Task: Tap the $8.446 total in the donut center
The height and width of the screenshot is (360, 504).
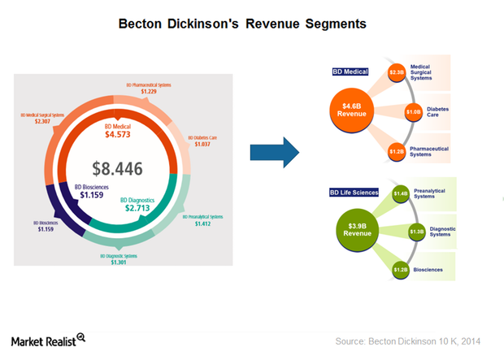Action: click(x=117, y=168)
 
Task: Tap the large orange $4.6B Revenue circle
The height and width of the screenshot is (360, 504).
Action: click(x=351, y=110)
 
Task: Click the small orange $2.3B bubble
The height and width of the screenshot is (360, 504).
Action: click(x=397, y=72)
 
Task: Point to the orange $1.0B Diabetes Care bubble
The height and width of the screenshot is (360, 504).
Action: click(x=413, y=111)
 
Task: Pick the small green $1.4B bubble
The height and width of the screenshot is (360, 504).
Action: click(x=400, y=193)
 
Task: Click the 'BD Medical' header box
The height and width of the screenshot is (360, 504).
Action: click(x=350, y=72)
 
